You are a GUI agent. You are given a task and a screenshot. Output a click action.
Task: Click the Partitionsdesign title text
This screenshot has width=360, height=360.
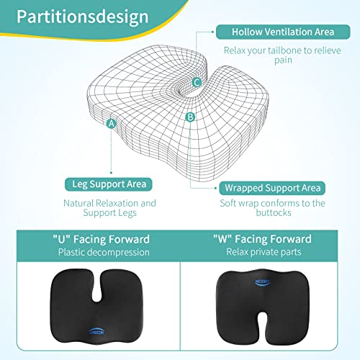pyautogui.click(x=81, y=17)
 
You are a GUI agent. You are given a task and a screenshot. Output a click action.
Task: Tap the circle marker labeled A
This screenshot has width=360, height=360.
pyautogui.click(x=111, y=123)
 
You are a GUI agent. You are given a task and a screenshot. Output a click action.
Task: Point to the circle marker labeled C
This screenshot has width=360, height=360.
pyautogui.click(x=197, y=82)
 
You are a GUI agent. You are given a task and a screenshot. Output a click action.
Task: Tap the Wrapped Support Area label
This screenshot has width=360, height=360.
pyautogui.click(x=272, y=188)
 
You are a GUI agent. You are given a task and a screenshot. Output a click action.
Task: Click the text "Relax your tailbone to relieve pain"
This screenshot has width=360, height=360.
pyautogui.click(x=272, y=57)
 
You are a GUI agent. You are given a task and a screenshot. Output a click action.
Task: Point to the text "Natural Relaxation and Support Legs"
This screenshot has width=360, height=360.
pyautogui.click(x=110, y=209)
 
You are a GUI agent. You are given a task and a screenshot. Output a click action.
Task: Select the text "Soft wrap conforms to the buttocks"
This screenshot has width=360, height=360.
pyautogui.click(x=272, y=209)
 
